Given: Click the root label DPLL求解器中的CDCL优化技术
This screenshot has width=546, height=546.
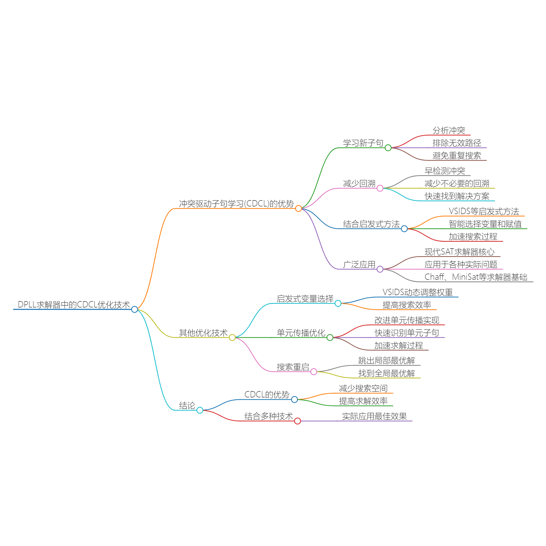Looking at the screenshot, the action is coord(74,305).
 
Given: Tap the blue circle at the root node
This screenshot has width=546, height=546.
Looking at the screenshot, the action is coord(134,310).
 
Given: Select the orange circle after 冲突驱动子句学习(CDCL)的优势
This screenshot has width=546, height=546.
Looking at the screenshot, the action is coord(299,209).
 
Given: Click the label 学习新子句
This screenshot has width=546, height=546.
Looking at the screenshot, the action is coord(363,143).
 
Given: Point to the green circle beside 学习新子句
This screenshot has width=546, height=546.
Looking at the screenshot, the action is coord(388,148).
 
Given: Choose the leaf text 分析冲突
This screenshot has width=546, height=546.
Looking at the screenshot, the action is coord(449,130).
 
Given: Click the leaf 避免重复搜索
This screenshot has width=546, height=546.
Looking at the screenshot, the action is coord(457,156).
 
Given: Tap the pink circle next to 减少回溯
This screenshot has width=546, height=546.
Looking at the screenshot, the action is coord(380,188).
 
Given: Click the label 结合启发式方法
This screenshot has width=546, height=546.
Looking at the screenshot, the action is coord(371,224).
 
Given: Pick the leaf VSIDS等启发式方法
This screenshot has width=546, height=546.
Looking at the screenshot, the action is coord(484,211).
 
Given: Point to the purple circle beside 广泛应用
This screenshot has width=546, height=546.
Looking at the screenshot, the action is coord(380,269).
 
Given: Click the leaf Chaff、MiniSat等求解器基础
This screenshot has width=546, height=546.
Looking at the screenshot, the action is coord(476,277).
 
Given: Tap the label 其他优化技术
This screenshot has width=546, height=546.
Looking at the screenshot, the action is coord(203,333).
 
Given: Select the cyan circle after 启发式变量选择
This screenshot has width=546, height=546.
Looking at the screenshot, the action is coord(338,304).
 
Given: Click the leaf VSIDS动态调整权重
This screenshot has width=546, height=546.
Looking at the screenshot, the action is coord(418,292).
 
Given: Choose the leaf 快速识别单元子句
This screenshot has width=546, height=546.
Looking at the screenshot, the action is coord(407,333).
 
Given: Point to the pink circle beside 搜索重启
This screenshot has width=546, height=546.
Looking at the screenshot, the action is coord(314,372).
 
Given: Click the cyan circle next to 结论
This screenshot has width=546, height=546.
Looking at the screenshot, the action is coord(200,410).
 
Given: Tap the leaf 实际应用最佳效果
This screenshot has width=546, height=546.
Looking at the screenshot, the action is coord(375,416).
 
